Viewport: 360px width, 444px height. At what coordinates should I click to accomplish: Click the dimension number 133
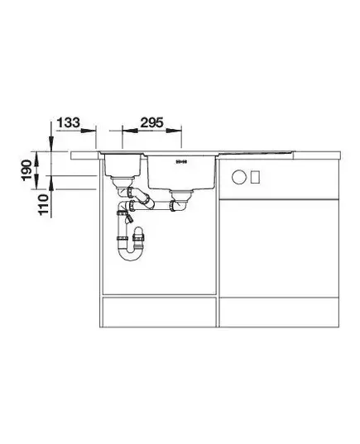pos(69,122)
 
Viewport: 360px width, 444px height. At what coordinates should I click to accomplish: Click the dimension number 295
pos(152,122)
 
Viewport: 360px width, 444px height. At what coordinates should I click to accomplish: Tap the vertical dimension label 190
pos(27,169)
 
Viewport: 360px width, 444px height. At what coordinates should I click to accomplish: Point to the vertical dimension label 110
pos(43,205)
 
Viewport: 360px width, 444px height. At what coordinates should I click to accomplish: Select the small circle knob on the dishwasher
pos(238,177)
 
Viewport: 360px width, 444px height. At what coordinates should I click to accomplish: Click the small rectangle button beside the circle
pos(255,177)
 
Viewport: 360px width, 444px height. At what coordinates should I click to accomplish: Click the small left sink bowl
pos(122,165)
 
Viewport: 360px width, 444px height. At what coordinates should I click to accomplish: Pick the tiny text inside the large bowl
pos(181,162)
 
